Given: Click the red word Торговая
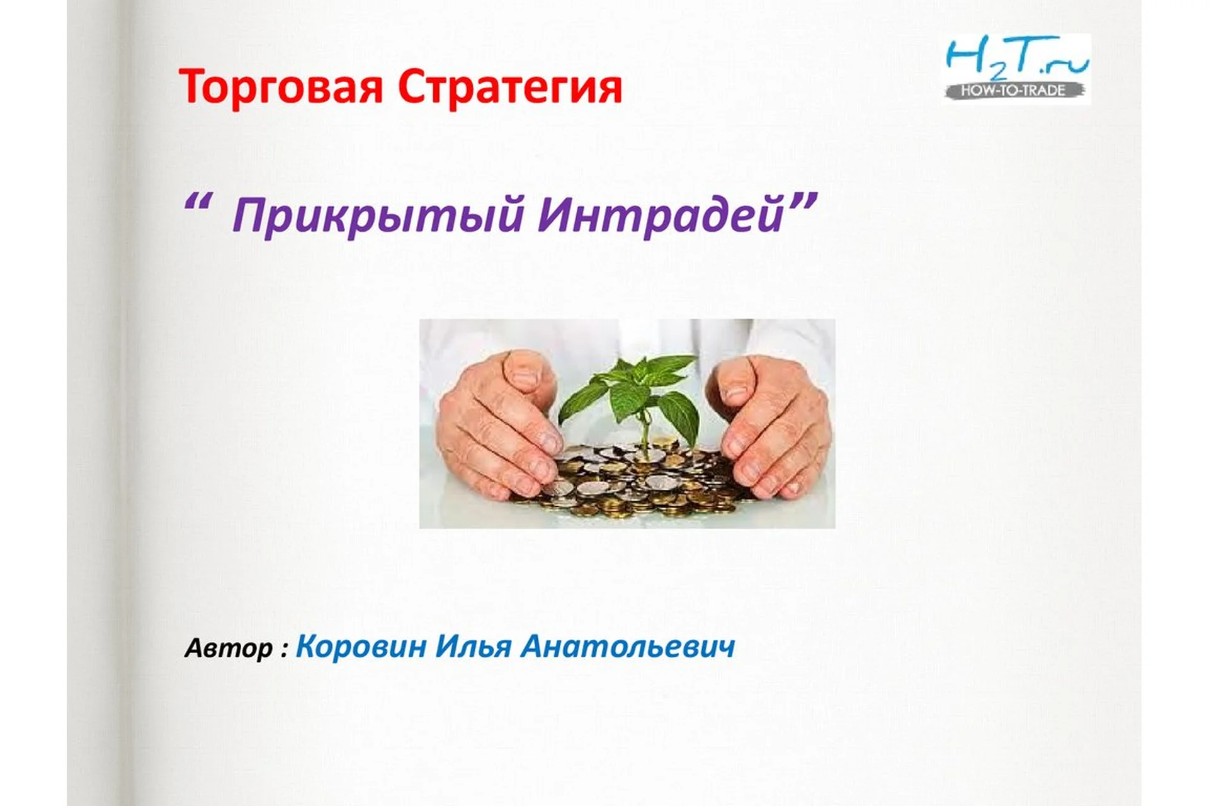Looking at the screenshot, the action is click(x=281, y=88).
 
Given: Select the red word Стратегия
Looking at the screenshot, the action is click(x=510, y=87).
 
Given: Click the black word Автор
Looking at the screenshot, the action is click(x=229, y=649).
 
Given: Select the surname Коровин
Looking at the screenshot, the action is click(x=361, y=647).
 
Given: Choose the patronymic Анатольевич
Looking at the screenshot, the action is click(x=628, y=647).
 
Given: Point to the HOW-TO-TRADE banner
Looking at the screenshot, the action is click(x=1013, y=91).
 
